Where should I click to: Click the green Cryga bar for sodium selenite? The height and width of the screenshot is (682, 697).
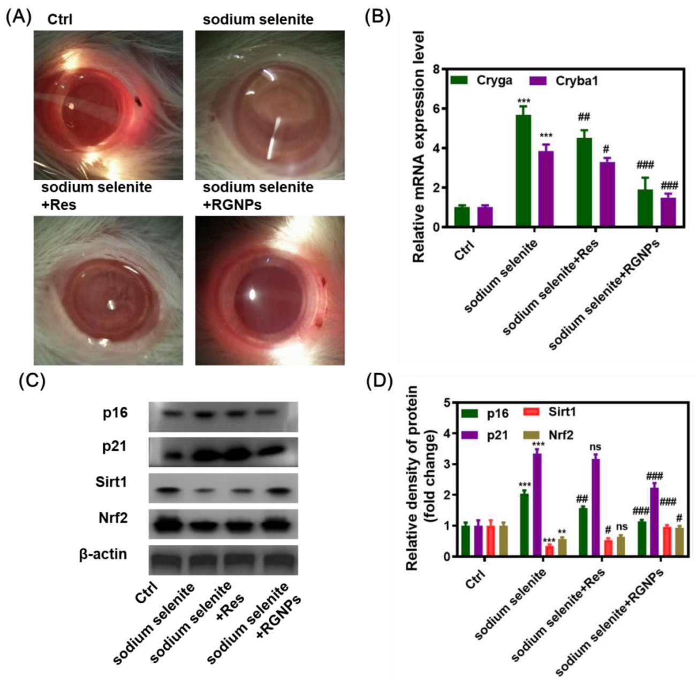[524, 171]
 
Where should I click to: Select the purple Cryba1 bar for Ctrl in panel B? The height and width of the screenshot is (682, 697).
[485, 217]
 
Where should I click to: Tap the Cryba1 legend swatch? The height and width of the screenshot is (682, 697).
[538, 81]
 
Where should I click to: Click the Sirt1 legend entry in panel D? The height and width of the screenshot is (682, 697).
[562, 412]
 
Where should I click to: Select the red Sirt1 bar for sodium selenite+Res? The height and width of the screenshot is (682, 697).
[608, 548]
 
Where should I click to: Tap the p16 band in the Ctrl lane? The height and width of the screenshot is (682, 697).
[172, 414]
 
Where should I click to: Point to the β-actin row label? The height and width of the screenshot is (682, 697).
[103, 554]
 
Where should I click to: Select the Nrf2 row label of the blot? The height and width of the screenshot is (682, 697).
[113, 518]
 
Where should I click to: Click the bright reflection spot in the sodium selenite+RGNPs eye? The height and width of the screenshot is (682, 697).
[252, 293]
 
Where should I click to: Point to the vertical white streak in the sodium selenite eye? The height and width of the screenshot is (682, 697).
[275, 138]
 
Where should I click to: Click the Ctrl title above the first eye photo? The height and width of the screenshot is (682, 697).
[59, 20]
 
